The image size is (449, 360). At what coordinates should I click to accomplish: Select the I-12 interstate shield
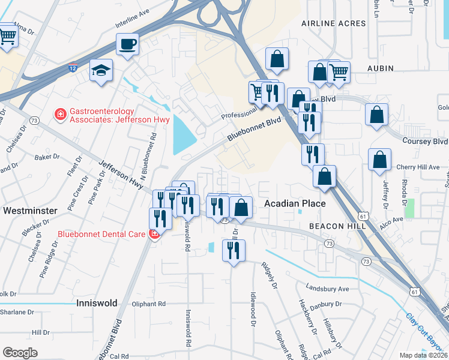point(72,70)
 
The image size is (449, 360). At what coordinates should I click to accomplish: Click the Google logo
point(20,353)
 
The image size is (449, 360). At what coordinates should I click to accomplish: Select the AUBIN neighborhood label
point(380,69)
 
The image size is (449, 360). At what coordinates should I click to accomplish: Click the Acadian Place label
point(295,204)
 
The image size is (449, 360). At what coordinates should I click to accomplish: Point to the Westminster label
point(30,211)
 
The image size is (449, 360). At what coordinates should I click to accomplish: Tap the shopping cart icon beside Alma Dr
point(7,36)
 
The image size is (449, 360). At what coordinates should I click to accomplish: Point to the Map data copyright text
point(424,355)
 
